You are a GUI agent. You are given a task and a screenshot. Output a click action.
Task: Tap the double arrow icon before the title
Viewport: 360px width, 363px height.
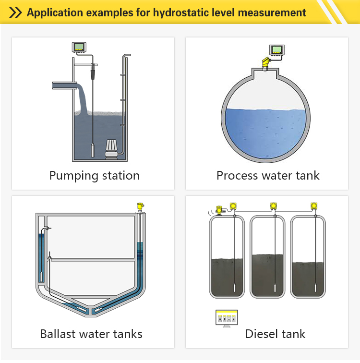[x=15, y=12]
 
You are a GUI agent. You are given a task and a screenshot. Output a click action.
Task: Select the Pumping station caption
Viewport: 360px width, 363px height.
[x=94, y=175]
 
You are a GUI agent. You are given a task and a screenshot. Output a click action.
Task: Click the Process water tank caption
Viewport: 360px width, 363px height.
[x=268, y=175]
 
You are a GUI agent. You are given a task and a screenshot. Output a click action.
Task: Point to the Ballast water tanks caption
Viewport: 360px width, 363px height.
[x=91, y=333]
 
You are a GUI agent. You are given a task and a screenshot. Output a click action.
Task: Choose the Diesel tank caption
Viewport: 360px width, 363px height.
[x=275, y=333]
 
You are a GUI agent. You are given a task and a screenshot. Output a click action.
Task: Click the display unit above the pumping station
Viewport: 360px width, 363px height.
[x=79, y=48]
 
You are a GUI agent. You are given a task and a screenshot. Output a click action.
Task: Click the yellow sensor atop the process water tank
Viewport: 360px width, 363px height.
[x=264, y=62]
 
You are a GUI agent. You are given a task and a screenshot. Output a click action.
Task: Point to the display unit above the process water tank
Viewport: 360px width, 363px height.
[x=277, y=50]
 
